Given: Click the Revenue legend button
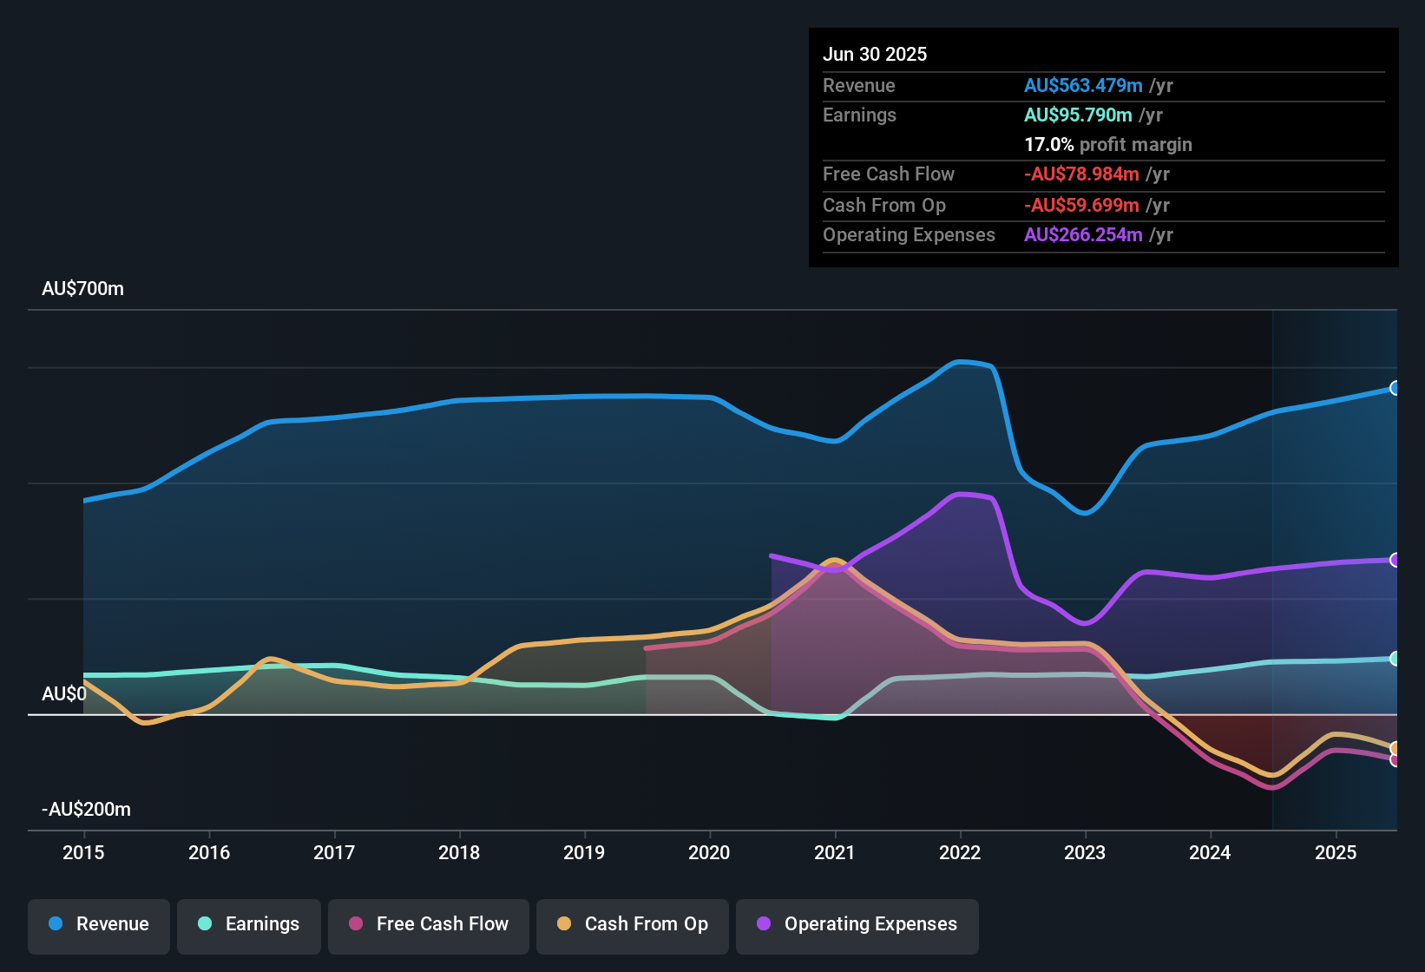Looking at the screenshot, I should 99,924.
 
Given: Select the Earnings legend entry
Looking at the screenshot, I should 249,924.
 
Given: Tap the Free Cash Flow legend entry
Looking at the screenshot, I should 429,924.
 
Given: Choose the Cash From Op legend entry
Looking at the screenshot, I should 633,924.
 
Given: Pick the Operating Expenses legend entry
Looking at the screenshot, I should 857,924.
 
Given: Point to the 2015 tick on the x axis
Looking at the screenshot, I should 83,852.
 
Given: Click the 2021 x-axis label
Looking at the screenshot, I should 834,852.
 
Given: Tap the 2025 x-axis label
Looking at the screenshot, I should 1335,852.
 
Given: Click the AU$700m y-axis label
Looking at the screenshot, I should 82,289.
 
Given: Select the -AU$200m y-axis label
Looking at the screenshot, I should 86,810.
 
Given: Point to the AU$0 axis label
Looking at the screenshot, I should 64,694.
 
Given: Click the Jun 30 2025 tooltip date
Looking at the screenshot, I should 875,55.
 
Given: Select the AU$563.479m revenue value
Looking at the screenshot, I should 1083,86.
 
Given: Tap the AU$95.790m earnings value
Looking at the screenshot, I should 1078,115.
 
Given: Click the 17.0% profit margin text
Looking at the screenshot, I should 1108,145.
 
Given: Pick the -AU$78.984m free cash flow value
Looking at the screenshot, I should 1081,174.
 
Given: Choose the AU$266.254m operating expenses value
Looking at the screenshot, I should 1083,235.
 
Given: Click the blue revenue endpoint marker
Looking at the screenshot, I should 1395,388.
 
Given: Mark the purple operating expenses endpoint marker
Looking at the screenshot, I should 1395,560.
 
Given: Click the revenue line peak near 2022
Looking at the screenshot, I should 960,362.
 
